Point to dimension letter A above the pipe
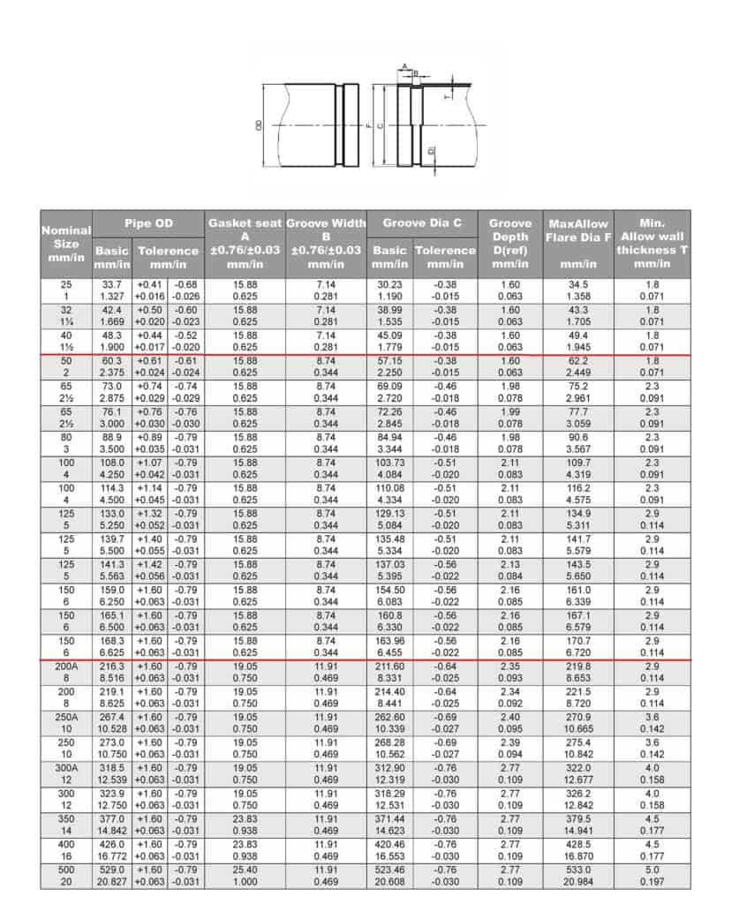(404, 66)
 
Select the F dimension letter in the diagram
(366, 125)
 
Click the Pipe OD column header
(148, 223)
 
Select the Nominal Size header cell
(66, 244)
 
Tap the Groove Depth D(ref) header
(510, 244)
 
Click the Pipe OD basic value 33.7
(112, 284)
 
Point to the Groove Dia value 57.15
(389, 362)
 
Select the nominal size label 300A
(66, 766)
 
